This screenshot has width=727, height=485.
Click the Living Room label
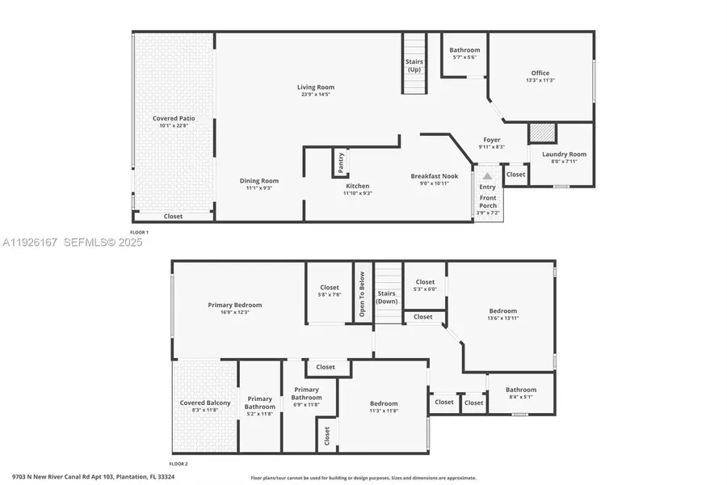pos(315,87)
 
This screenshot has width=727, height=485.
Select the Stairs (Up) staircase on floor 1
pos(414,63)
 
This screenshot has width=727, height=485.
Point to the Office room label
pos(540,74)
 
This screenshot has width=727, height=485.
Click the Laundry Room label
pos(565,154)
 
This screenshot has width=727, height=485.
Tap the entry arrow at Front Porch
pos(487,175)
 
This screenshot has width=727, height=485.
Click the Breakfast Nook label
pos(434,176)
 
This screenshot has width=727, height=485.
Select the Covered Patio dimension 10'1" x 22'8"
pos(174,125)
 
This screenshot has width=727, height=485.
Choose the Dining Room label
pos(258,181)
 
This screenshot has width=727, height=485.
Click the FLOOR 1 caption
pos(140,233)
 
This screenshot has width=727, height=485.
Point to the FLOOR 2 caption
pos(178,464)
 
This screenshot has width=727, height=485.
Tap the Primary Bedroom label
pos(234,306)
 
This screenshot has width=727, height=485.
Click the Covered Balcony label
pos(205,403)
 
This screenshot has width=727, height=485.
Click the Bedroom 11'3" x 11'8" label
pos(384,404)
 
